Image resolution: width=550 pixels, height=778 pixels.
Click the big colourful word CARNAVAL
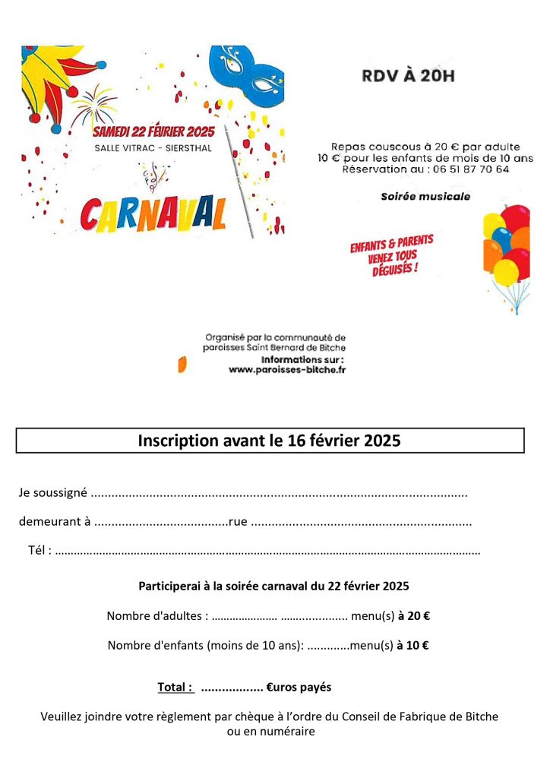coord(153,215)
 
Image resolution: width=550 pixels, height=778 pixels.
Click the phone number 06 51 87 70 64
coord(469,169)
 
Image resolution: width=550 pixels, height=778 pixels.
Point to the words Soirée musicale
coord(425,197)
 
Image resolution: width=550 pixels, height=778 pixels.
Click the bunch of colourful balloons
coord(506,251)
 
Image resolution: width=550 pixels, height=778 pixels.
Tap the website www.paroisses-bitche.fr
coord(287,370)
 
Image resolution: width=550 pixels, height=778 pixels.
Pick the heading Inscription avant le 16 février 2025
coord(269,441)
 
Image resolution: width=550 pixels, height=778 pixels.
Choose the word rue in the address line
coord(238,522)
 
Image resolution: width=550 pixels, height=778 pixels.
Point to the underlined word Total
coord(175,688)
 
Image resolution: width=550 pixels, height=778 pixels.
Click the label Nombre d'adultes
coord(156,616)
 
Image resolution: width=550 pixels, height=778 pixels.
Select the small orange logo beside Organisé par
coord(182,364)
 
